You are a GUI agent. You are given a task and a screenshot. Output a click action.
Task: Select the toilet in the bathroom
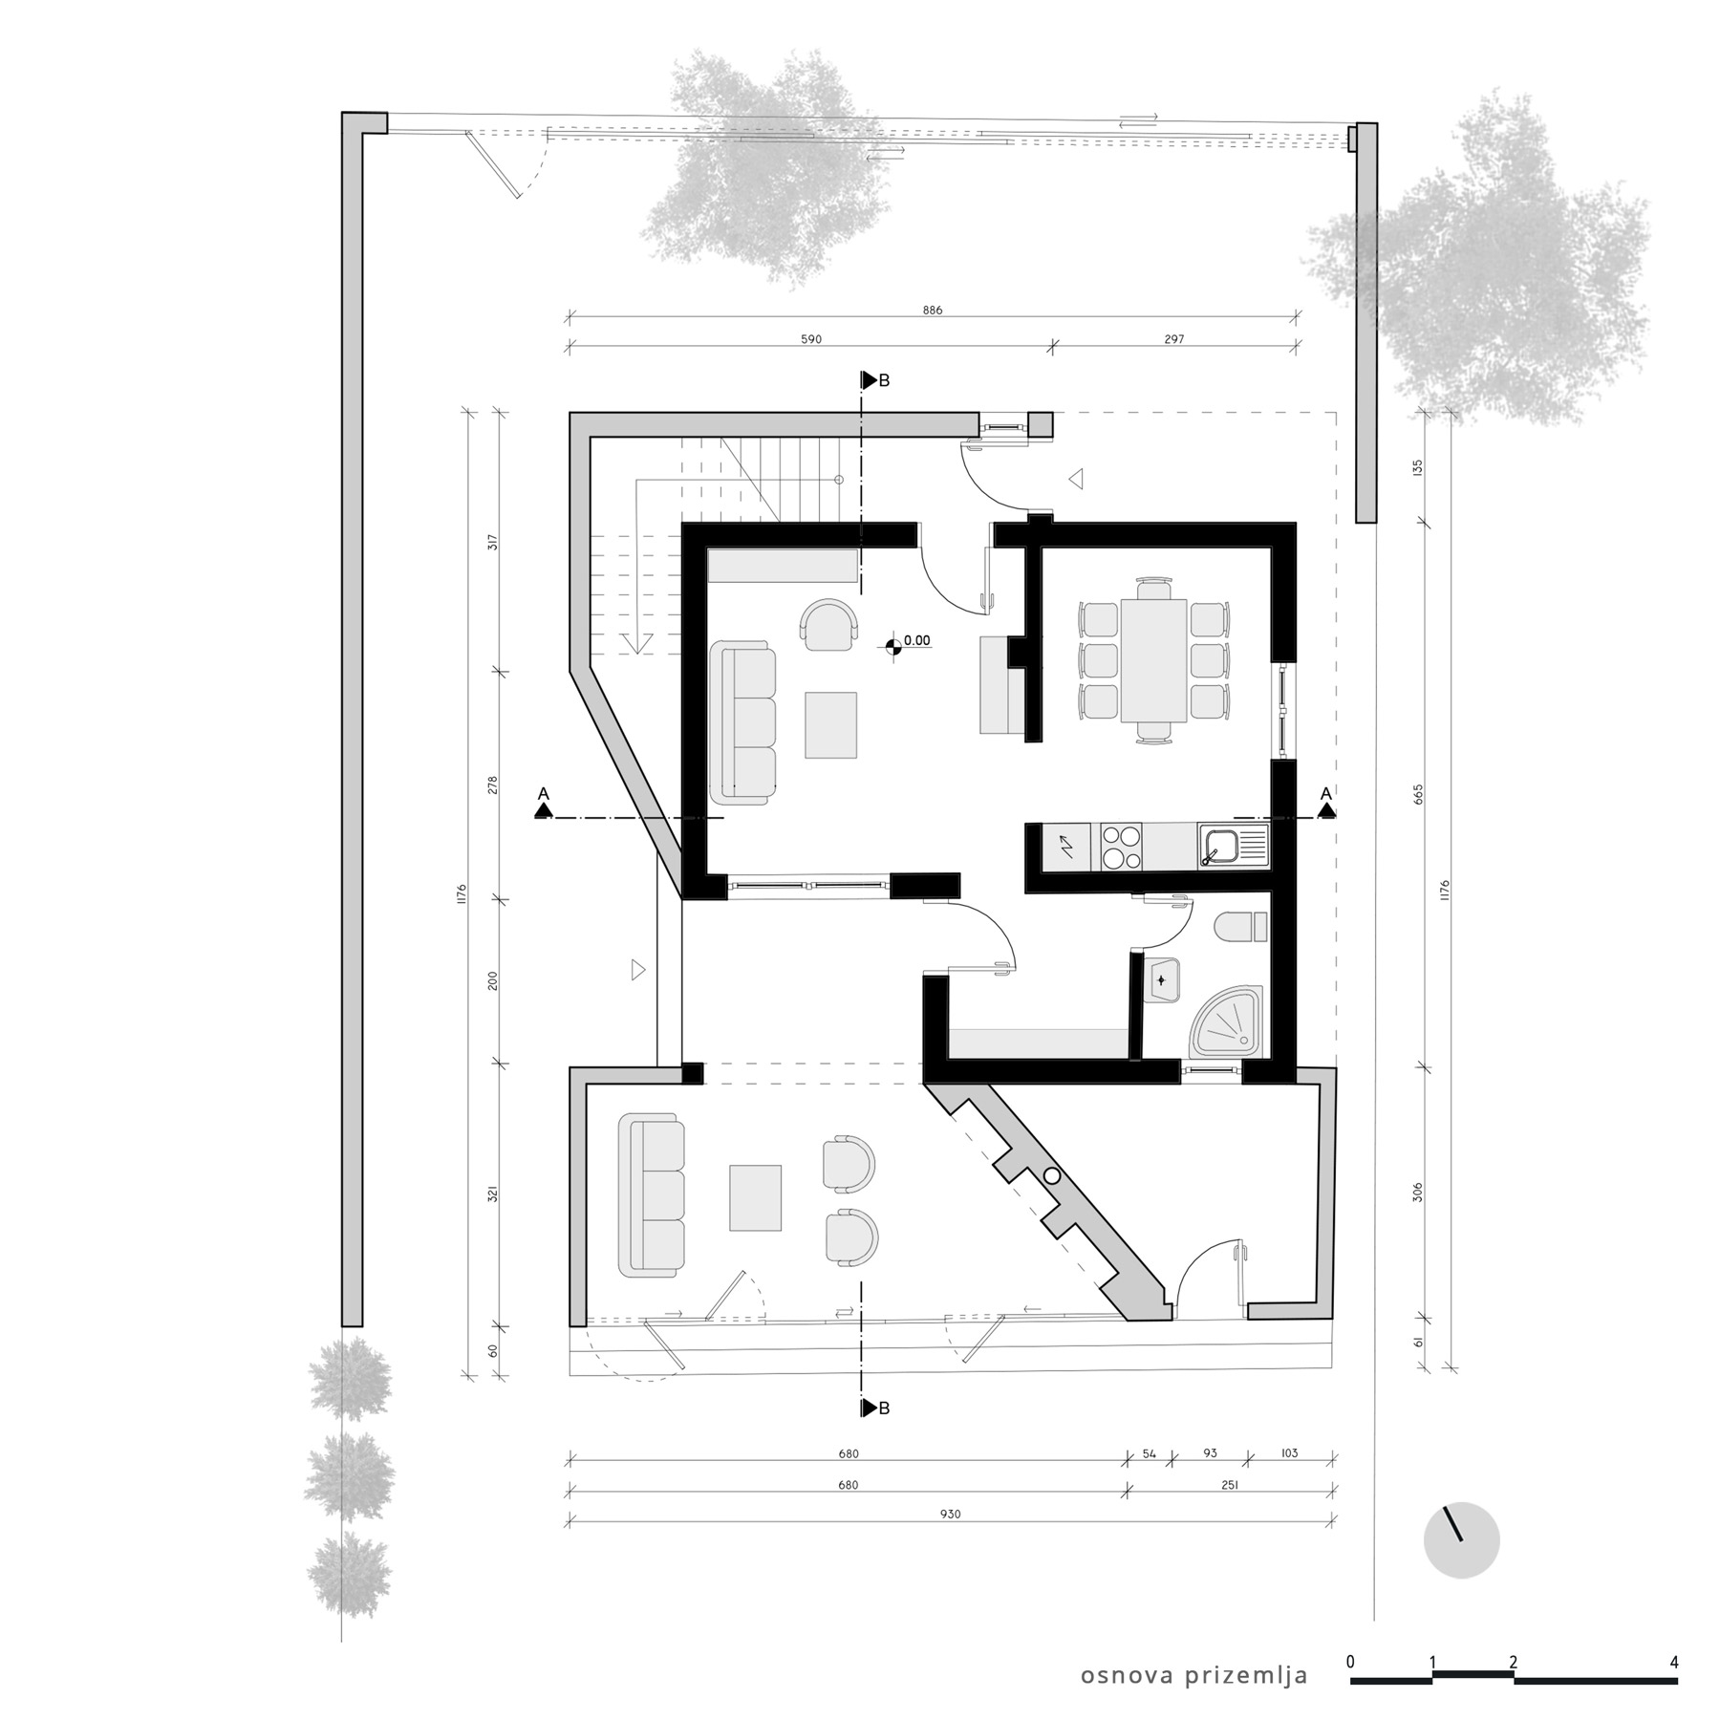pos(1239,927)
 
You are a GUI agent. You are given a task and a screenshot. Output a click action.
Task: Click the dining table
pos(1153,660)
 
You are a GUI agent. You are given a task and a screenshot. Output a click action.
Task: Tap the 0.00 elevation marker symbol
pos(894,647)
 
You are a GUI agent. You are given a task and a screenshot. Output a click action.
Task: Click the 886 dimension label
pos(933,311)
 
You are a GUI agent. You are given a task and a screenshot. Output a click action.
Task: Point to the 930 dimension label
pos(950,1514)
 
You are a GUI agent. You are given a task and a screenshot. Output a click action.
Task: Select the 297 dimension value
pos(1174,339)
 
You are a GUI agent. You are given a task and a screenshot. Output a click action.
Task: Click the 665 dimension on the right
pos(1418,794)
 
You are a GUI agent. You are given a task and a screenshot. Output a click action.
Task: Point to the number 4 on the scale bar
pos(1674,1662)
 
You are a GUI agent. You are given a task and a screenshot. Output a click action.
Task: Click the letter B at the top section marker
pos(884,380)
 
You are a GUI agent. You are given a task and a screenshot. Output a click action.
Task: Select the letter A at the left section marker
pos(544,793)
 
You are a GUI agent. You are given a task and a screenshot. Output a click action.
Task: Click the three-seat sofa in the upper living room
pos(744,723)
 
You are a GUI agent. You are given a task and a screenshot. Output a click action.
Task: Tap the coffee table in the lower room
pos(756,1197)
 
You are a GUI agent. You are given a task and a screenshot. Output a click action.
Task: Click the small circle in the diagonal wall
pos(1053,1176)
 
